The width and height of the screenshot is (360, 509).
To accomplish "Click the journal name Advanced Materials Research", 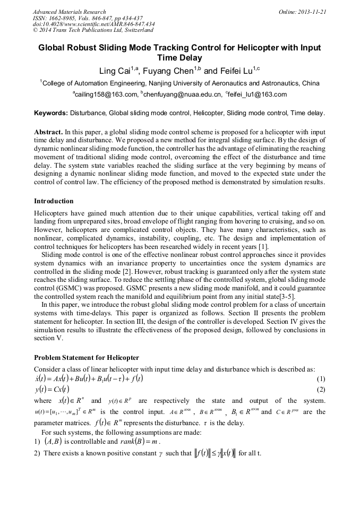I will (x=69, y=12).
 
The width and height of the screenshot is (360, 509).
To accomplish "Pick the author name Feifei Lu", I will (x=235, y=71).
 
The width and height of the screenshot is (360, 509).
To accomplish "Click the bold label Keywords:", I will (x=51, y=113).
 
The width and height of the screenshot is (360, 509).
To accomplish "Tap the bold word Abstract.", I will (x=48, y=131).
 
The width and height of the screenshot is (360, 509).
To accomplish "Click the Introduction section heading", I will (x=54, y=201).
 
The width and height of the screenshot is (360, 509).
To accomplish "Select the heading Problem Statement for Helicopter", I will (x=87, y=357).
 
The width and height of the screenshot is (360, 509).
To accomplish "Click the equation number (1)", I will (x=321, y=379).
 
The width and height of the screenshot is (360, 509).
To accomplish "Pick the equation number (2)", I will (x=321, y=390).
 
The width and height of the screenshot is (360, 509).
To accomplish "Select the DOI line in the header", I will (x=94, y=24).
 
